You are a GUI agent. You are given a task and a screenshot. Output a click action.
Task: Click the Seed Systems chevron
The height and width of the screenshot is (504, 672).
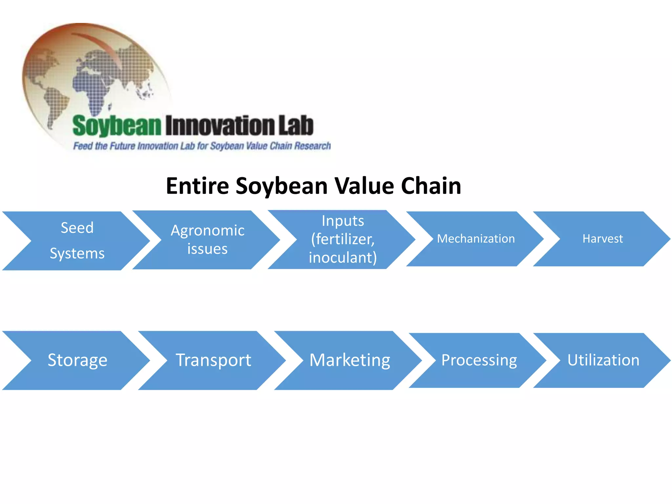[77, 241]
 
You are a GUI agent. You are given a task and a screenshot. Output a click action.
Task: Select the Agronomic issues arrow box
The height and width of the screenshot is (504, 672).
[207, 240]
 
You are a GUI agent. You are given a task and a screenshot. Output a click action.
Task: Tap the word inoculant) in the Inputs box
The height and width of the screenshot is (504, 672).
[343, 258]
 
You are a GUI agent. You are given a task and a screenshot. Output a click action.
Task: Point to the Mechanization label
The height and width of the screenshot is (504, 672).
[476, 239]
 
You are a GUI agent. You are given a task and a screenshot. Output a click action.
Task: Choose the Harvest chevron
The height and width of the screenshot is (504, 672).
[602, 239]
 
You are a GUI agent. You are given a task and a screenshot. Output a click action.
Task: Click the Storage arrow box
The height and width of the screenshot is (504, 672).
[77, 360]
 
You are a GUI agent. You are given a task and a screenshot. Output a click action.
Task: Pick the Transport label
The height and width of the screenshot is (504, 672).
[213, 360]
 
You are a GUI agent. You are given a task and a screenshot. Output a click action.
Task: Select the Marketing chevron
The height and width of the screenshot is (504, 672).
[350, 360]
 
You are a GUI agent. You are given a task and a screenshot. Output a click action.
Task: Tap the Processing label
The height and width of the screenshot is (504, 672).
[479, 360]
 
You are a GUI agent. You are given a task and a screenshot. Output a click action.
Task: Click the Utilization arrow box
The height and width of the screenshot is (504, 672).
[603, 360]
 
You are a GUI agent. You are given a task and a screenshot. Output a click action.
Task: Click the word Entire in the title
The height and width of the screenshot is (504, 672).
[198, 186]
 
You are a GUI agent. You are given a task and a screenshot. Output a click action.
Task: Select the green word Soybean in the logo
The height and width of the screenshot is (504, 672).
[117, 126]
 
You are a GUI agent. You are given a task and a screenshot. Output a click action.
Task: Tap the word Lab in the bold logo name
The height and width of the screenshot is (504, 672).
[296, 125]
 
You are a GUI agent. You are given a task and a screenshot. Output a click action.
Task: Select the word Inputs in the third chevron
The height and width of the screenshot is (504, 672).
[343, 221]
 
